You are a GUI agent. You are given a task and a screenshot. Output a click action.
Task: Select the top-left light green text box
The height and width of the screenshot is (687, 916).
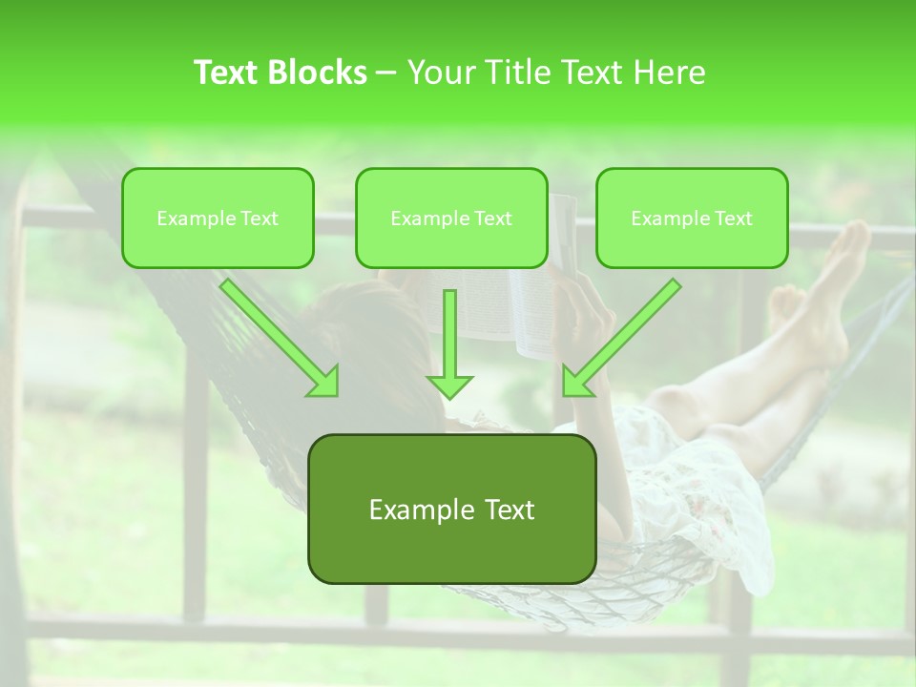tap(218, 218)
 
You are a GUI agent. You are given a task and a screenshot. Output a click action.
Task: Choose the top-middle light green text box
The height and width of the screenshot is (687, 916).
tap(451, 218)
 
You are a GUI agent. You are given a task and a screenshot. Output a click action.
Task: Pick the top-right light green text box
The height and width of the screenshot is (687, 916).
tap(692, 218)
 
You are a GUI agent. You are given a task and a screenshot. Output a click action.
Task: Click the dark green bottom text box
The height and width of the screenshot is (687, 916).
tap(451, 509)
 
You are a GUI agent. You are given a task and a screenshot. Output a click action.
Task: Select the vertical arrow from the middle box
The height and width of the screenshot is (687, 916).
tap(449, 343)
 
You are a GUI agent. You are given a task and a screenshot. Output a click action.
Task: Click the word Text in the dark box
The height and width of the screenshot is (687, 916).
tap(507, 510)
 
